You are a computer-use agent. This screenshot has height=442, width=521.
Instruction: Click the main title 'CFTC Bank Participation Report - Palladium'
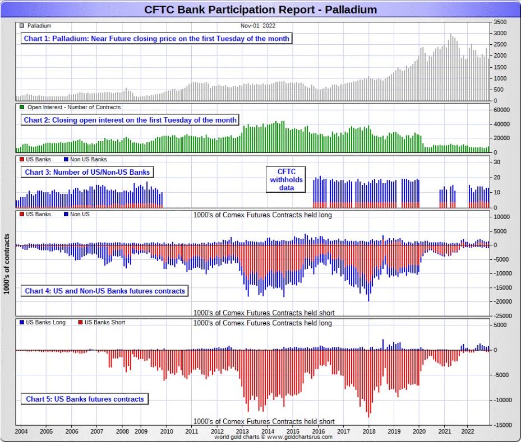[x=260, y=10]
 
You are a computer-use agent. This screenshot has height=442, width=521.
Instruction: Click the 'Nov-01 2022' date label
[x=258, y=26]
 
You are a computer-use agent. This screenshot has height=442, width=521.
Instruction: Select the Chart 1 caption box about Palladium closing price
[x=156, y=39]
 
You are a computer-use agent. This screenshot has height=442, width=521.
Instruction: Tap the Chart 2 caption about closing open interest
[x=130, y=120]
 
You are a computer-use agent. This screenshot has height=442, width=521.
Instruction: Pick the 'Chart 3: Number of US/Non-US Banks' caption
[x=87, y=172]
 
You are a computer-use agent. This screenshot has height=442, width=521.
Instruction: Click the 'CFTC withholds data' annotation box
[x=286, y=179]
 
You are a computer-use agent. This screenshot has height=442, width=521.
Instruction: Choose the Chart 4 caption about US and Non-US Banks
[x=104, y=291]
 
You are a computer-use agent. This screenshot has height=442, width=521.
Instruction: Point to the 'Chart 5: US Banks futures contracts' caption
[x=85, y=399]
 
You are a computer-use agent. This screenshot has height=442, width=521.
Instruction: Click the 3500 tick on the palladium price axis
[x=500, y=22]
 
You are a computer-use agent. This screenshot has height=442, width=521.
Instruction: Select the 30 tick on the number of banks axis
[x=497, y=162]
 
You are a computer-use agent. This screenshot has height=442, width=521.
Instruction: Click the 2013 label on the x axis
[x=242, y=431]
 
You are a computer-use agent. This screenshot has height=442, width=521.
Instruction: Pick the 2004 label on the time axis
[x=21, y=431]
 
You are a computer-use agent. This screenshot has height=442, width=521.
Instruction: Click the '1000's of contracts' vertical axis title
[x=6, y=263]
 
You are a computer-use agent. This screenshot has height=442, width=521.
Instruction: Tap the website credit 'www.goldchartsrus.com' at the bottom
[x=303, y=437]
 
